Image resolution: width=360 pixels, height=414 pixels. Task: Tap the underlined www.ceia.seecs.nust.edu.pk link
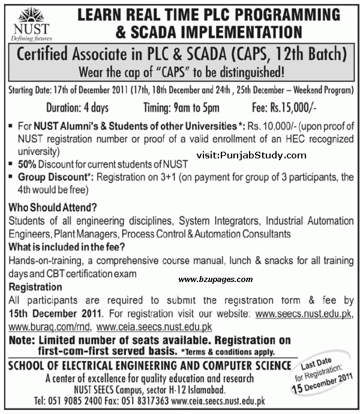coord(154,328)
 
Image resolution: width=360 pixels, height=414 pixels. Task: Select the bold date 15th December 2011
coord(55,314)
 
